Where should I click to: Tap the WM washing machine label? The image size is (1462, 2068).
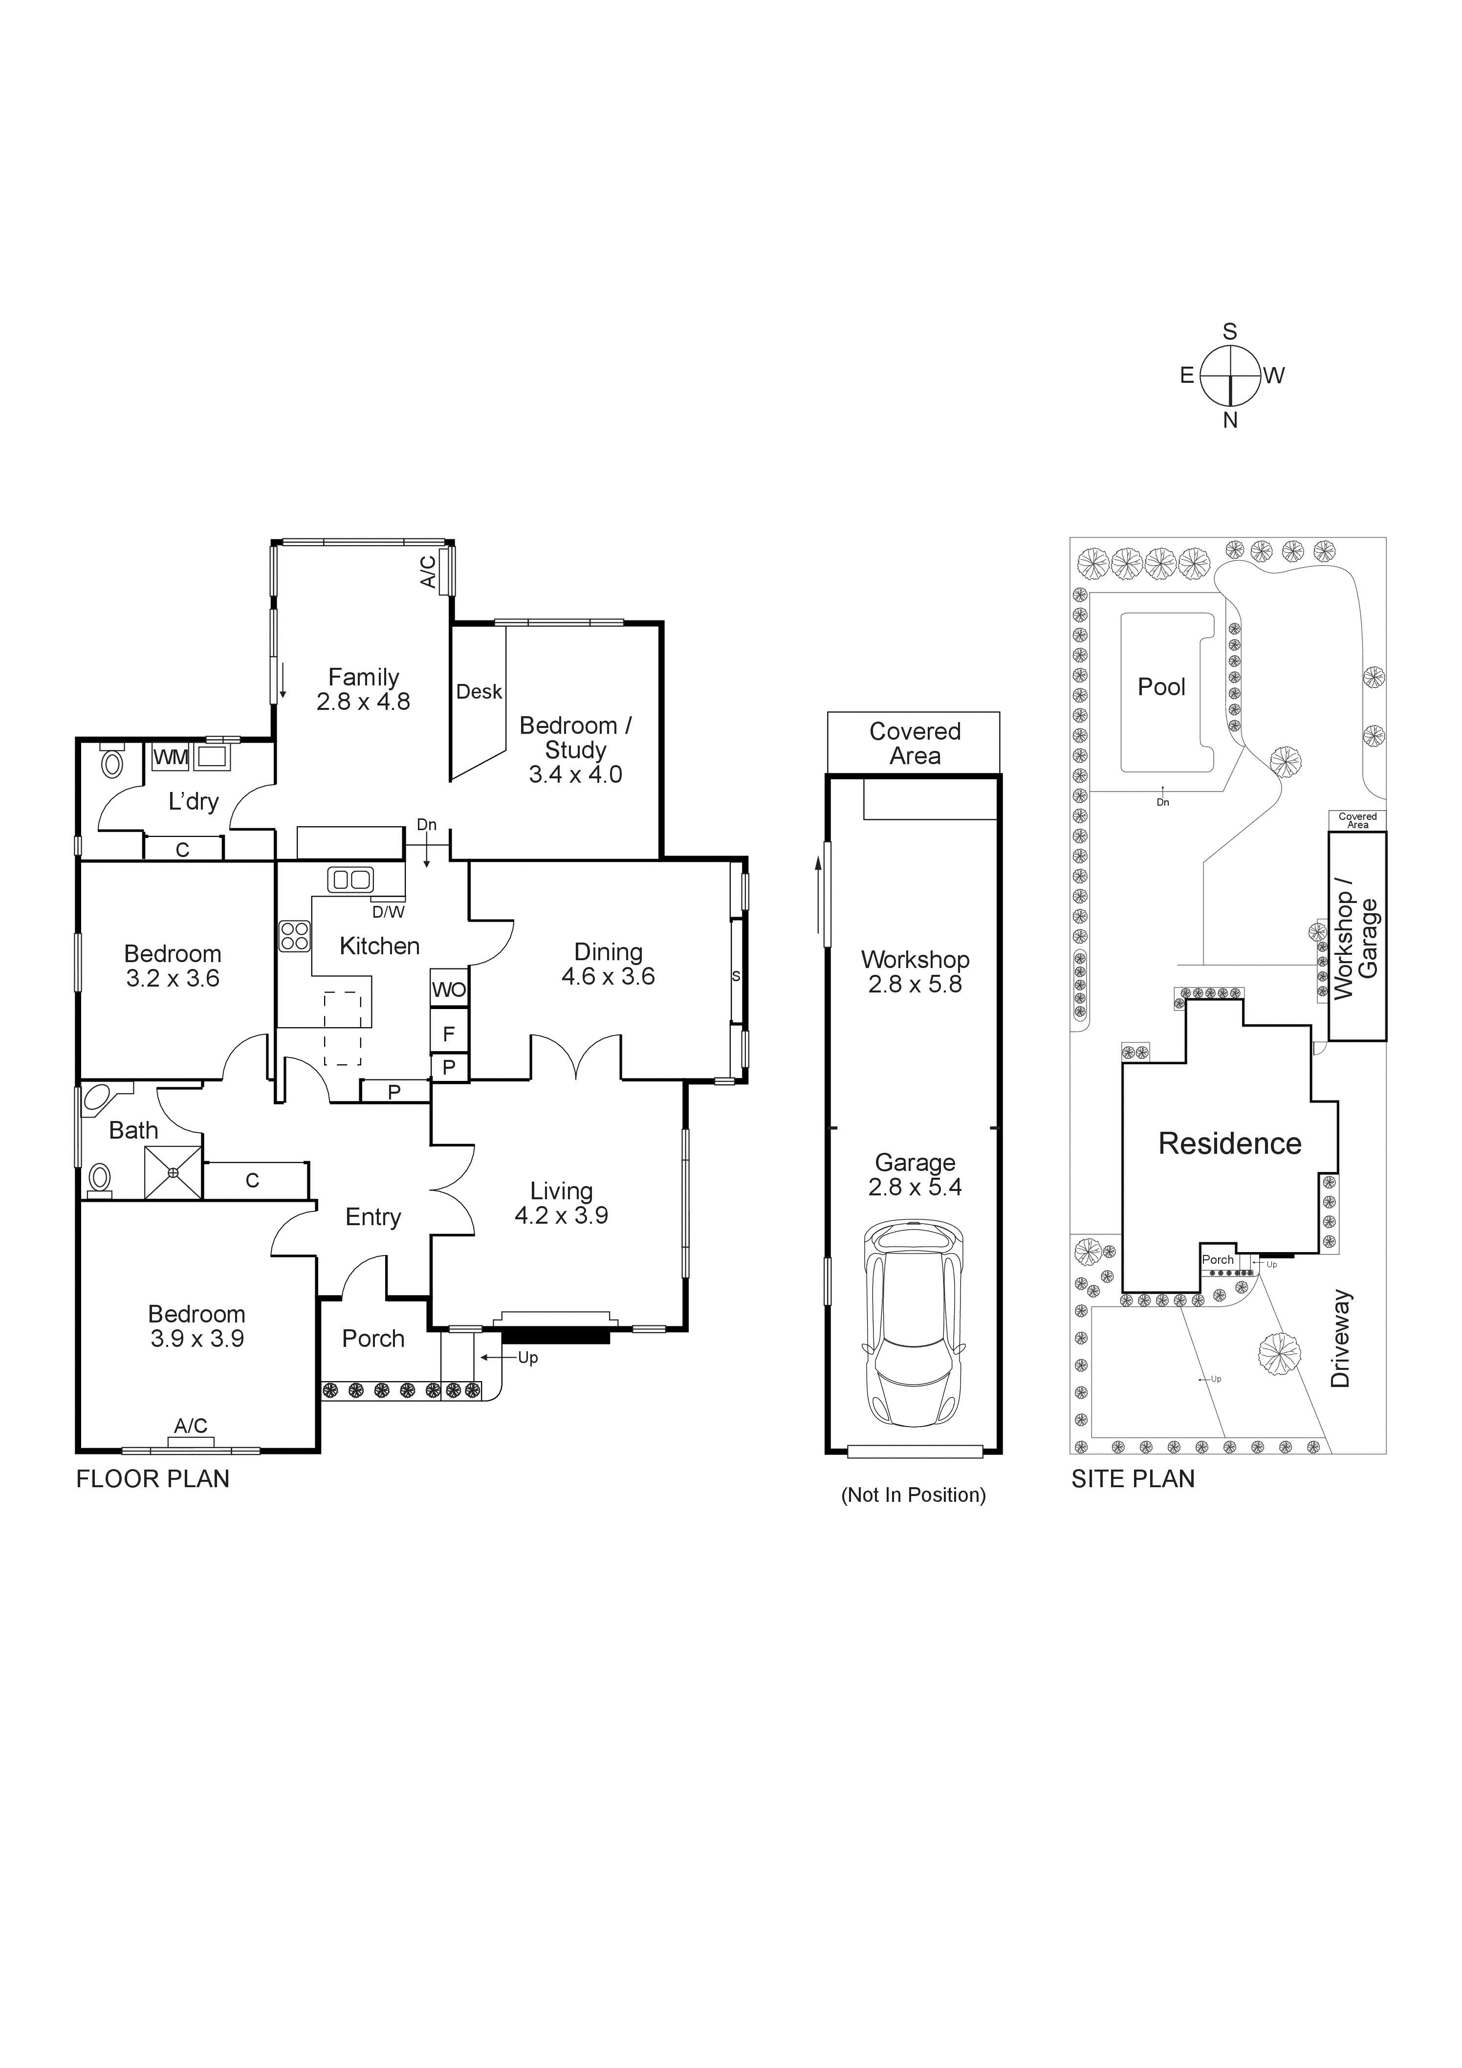click(x=170, y=757)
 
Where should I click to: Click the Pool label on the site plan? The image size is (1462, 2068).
click(x=1161, y=687)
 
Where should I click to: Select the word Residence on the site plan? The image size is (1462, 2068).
click(x=1230, y=1144)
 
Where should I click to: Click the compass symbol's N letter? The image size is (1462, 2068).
click(x=1230, y=420)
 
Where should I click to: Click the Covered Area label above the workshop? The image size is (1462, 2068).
click(x=915, y=743)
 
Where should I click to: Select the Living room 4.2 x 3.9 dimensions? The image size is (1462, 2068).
click(x=561, y=1215)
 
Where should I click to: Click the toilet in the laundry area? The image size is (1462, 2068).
click(x=112, y=762)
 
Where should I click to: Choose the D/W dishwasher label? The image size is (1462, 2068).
click(x=388, y=911)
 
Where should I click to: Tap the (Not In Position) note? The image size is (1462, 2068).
click(x=913, y=1495)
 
